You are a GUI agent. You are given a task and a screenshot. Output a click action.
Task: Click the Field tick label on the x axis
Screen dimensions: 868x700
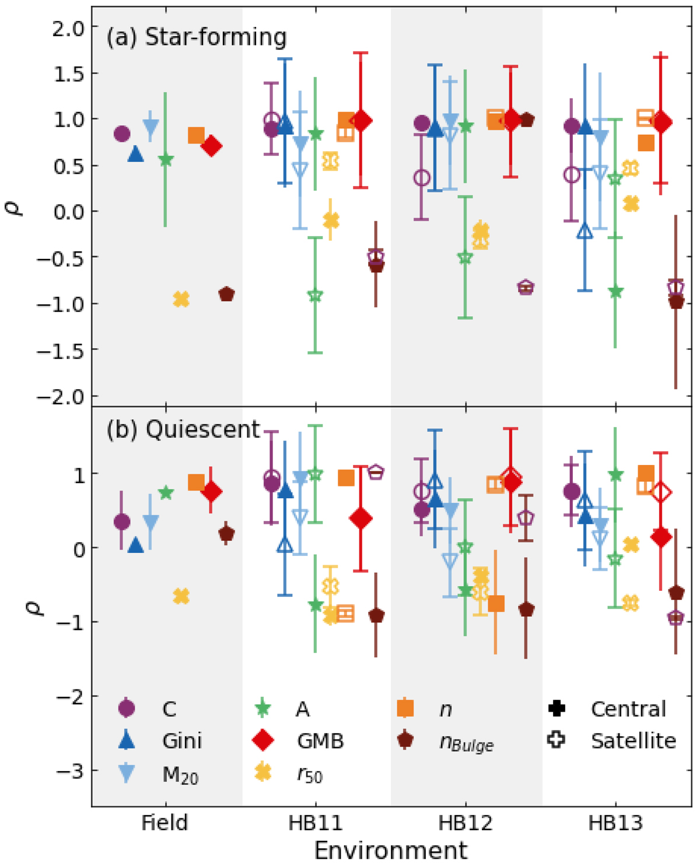click(x=164, y=823)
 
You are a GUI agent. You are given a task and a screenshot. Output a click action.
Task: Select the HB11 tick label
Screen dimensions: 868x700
click(x=315, y=823)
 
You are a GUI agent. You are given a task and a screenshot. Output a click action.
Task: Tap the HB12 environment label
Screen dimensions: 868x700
click(x=465, y=823)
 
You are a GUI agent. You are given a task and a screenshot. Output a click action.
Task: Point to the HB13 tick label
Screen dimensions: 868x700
click(x=615, y=823)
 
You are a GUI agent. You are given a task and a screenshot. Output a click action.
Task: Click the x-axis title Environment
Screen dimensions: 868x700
click(x=391, y=850)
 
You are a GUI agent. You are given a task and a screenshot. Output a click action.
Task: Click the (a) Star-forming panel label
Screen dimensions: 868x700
click(x=197, y=37)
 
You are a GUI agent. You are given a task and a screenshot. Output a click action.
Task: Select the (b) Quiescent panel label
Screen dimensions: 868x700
click(x=183, y=429)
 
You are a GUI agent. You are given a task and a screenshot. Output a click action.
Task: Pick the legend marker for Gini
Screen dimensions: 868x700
click(x=127, y=740)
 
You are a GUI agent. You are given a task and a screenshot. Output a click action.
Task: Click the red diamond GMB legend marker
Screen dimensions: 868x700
click(x=263, y=740)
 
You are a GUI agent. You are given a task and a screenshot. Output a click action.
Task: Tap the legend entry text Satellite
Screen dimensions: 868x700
click(x=633, y=740)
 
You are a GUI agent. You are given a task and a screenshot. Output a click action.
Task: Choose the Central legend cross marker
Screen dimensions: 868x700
click(x=557, y=709)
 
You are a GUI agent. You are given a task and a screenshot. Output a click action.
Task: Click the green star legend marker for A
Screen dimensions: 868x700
click(x=263, y=709)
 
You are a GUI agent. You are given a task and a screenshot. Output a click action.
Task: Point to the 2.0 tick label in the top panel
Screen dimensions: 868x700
click(x=68, y=27)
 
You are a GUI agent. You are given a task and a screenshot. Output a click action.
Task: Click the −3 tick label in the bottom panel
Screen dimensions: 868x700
click(x=71, y=771)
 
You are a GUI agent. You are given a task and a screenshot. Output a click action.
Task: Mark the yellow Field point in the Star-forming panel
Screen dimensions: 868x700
click(x=181, y=299)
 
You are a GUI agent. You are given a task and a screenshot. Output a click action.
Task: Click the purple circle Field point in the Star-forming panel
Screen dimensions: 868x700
click(x=121, y=134)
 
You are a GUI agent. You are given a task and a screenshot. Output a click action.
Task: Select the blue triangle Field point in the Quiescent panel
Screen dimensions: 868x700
click(x=135, y=545)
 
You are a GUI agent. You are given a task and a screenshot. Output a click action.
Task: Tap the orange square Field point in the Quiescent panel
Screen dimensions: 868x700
click(x=196, y=482)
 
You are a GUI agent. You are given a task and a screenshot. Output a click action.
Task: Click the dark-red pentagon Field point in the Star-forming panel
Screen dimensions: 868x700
click(x=226, y=295)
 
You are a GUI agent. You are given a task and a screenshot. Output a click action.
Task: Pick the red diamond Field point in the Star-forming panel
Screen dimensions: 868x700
click(x=212, y=146)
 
